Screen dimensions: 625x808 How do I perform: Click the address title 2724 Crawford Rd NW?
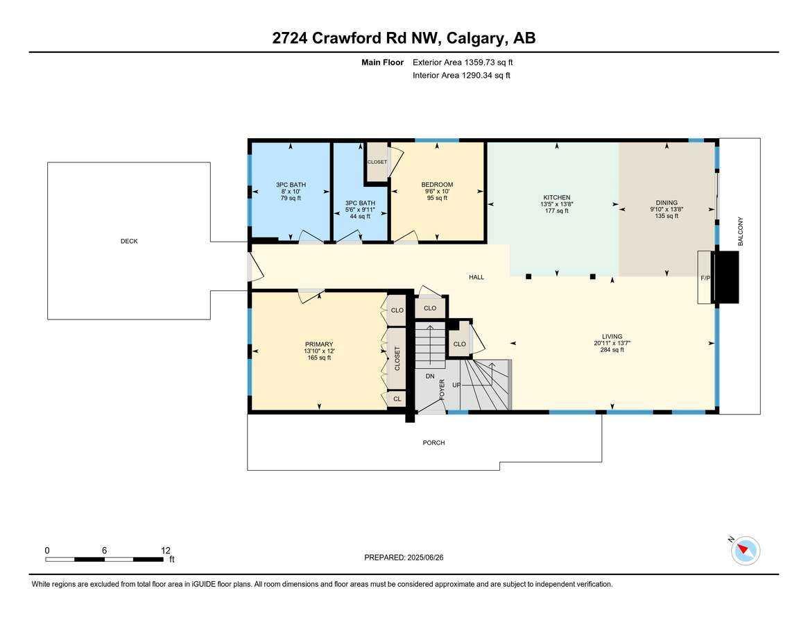[x=404, y=37]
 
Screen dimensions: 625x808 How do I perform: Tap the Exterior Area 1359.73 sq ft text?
[x=463, y=62]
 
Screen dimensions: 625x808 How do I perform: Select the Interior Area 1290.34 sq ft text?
[x=461, y=75]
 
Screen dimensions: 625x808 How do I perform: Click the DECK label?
[x=129, y=241]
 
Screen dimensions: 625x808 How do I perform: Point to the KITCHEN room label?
[x=556, y=198]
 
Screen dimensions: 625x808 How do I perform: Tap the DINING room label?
[x=667, y=203]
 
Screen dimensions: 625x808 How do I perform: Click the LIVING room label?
[x=612, y=337]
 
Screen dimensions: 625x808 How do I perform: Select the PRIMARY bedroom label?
[x=319, y=344]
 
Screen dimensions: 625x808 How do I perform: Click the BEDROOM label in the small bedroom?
[x=437, y=185]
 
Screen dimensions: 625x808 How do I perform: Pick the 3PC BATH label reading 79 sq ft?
[x=291, y=185]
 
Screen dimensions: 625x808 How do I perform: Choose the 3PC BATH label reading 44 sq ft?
[x=360, y=203]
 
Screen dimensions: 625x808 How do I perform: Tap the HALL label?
[x=476, y=277]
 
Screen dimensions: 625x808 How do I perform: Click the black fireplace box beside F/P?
[x=726, y=277]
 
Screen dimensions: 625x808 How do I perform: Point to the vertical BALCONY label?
[x=740, y=231]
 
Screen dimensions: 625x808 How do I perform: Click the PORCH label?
[x=434, y=442]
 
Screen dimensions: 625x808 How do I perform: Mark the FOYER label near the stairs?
[x=442, y=389]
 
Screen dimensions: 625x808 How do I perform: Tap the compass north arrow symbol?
[x=745, y=550]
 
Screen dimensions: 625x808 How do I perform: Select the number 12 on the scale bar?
[x=166, y=550]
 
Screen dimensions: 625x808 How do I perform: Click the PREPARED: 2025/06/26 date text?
[x=403, y=557]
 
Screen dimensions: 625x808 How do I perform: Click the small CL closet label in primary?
[x=397, y=399]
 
